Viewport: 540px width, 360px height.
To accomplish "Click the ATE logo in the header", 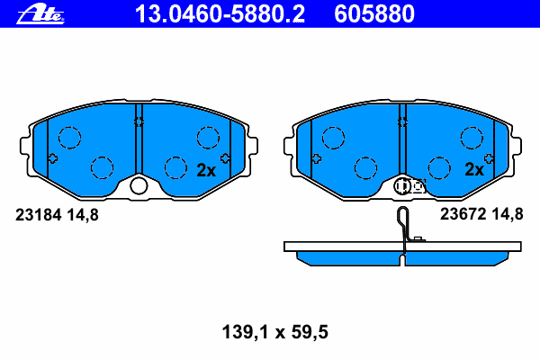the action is click(40, 14).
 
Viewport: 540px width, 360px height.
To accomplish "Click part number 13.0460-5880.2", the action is click(220, 14).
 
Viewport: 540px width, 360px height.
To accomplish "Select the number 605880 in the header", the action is click(374, 14).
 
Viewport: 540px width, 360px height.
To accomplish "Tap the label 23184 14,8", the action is click(57, 215).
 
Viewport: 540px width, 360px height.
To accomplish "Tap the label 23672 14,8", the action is click(481, 214).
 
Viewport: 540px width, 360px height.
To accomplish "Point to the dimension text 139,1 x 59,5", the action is click(275, 332).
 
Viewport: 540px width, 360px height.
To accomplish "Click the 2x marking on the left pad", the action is click(206, 170).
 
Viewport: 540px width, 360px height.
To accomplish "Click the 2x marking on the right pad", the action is click(474, 169).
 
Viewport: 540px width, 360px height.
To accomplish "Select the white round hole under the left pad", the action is click(139, 185).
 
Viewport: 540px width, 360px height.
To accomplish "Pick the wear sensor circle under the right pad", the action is click(402, 186).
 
